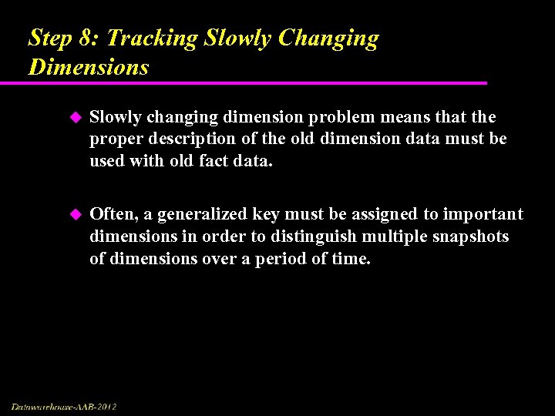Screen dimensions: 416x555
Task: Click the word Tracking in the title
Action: (x=154, y=39)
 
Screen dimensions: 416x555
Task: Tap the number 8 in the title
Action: (x=88, y=39)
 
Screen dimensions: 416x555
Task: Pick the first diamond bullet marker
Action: (x=75, y=117)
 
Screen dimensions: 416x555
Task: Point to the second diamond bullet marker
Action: (x=75, y=214)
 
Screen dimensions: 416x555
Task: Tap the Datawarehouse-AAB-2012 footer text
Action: (x=64, y=406)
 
